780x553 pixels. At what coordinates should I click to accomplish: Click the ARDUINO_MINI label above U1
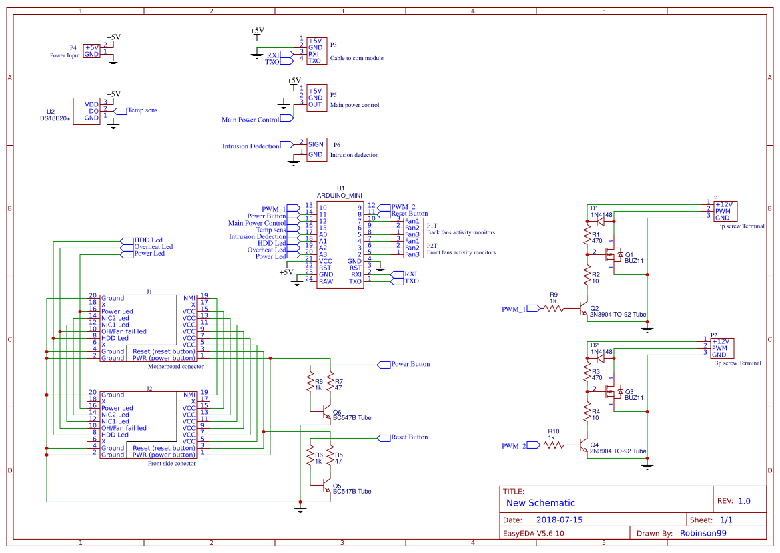[339, 196]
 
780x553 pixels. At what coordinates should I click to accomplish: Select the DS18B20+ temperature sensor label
[55, 118]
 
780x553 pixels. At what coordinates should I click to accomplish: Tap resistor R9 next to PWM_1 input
[553, 309]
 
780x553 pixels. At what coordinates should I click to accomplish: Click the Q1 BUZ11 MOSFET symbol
[610, 254]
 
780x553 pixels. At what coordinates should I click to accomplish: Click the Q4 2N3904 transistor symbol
[584, 445]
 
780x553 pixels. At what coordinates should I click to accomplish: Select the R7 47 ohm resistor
[329, 383]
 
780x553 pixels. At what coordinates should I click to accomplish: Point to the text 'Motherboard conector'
[175, 366]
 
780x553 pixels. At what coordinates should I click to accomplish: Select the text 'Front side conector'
[172, 463]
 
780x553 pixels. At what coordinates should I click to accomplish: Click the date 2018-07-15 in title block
[559, 520]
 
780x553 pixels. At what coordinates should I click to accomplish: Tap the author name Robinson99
[703, 533]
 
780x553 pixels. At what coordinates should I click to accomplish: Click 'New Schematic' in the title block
[540, 503]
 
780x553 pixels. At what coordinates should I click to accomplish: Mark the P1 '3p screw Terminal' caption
[741, 226]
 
